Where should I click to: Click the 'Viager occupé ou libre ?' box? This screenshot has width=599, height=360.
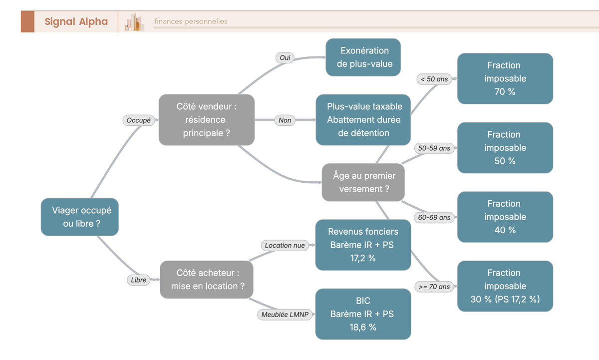tap(80, 217)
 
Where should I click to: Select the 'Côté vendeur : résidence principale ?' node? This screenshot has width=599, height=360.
tap(207, 120)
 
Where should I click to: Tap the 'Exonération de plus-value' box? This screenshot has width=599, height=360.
tap(363, 57)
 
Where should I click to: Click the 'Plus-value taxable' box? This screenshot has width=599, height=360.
tap(363, 120)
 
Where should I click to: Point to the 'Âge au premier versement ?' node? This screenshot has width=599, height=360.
tap(363, 182)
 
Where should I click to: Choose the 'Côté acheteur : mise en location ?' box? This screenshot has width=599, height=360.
tap(207, 280)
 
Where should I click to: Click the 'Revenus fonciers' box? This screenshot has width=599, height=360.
tap(363, 245)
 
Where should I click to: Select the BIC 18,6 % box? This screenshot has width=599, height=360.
tap(363, 314)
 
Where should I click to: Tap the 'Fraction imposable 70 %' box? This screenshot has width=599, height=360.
tap(505, 78)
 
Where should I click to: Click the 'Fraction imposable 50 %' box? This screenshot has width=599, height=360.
tap(505, 148)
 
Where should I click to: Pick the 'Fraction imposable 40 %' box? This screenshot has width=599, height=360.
tap(505, 217)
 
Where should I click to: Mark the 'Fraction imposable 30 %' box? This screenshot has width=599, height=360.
tap(505, 286)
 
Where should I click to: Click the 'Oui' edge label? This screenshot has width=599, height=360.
tap(285, 58)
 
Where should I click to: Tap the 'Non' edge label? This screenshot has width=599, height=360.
tap(285, 120)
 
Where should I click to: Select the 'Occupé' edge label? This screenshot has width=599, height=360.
tap(139, 120)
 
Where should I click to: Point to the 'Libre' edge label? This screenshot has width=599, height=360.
tap(139, 280)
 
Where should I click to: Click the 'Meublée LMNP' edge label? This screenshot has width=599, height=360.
tap(285, 315)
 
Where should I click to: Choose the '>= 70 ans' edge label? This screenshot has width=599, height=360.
tap(434, 287)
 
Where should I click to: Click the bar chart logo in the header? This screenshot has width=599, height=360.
tap(134, 22)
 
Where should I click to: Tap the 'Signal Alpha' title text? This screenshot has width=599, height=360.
tap(76, 21)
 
